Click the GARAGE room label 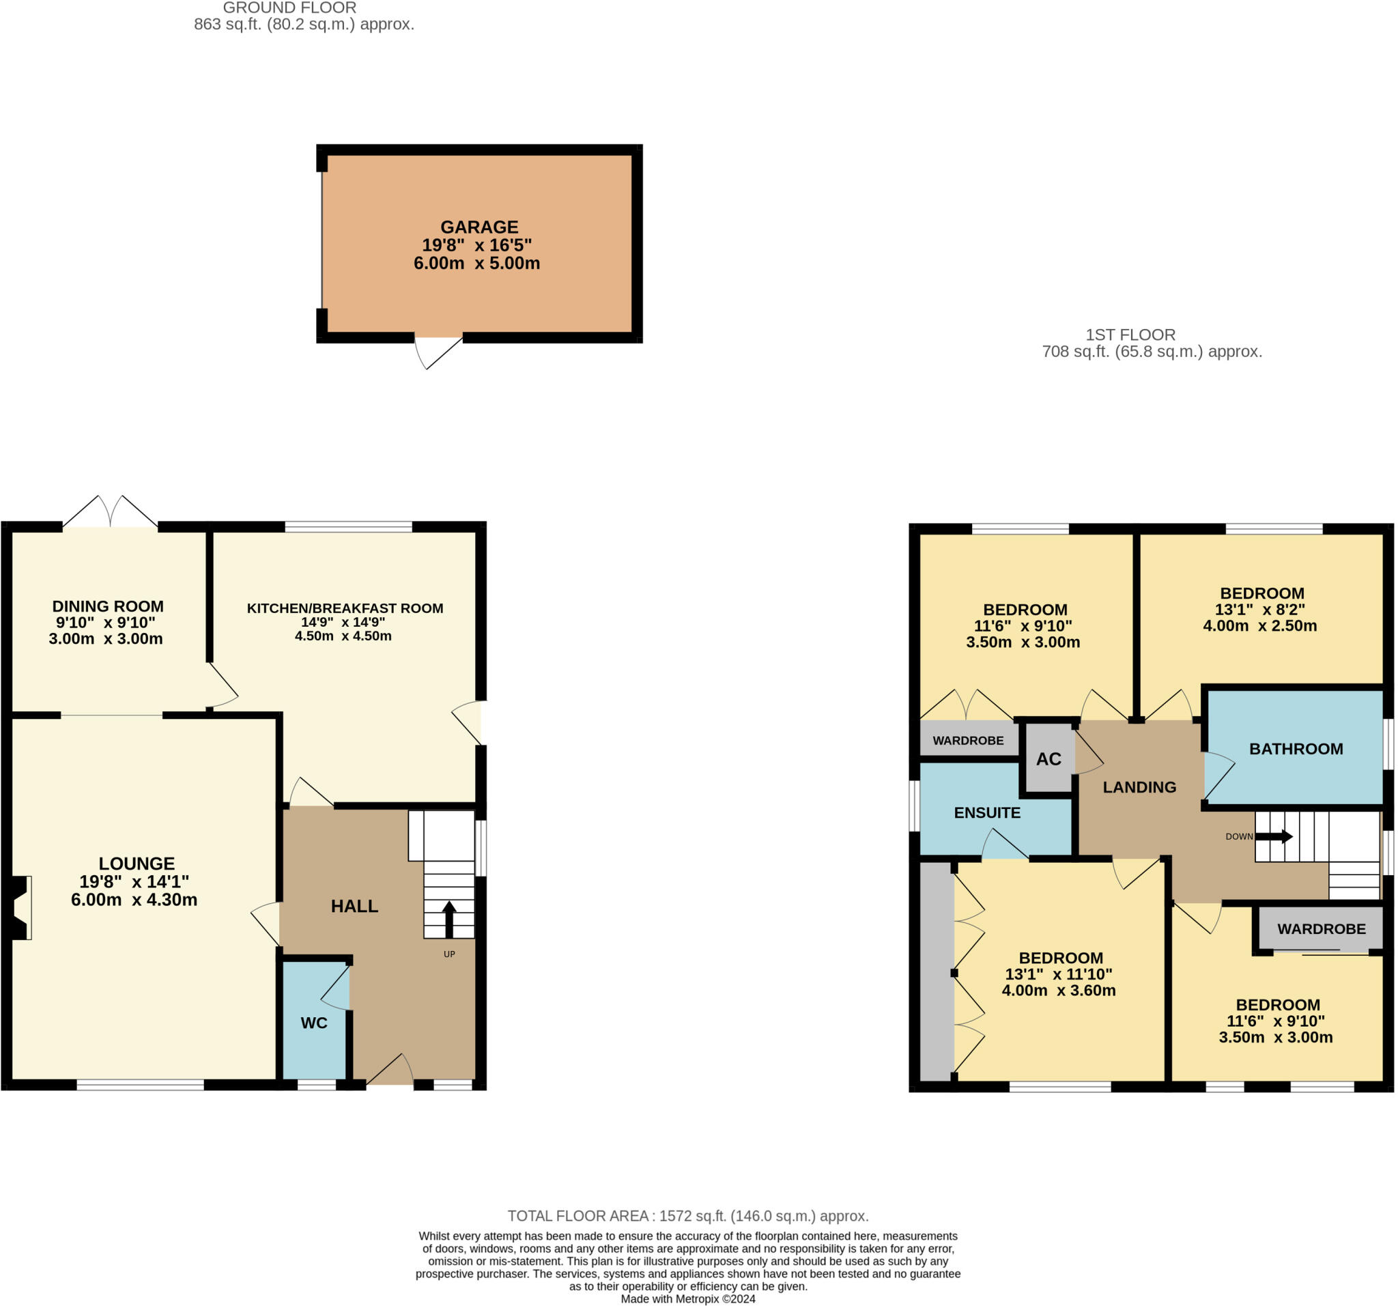(x=479, y=227)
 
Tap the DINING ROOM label (x=108, y=606)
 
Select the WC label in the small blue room (x=313, y=1023)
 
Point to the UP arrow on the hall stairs (x=448, y=918)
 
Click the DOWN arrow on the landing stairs (x=1274, y=836)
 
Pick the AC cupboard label (x=1048, y=759)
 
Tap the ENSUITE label (x=986, y=813)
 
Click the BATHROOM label (x=1296, y=749)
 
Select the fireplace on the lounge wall (x=20, y=907)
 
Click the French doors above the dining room (x=111, y=512)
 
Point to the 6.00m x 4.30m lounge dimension (x=134, y=900)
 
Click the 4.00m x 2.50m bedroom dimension (x=1259, y=626)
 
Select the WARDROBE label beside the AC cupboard (x=968, y=741)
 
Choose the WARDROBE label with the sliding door (x=1321, y=929)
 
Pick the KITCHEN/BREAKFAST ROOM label (x=345, y=608)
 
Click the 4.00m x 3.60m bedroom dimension (x=1058, y=990)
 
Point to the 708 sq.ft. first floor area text (x=1151, y=352)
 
